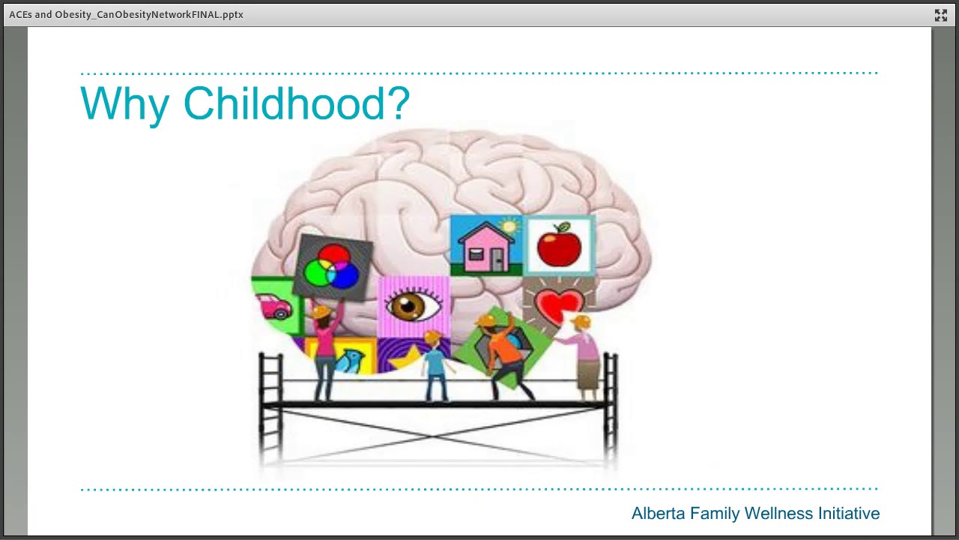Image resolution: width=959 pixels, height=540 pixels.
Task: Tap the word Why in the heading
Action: pyautogui.click(x=124, y=105)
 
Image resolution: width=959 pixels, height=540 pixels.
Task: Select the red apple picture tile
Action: pyautogui.click(x=559, y=244)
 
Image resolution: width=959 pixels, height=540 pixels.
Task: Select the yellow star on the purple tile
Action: pyautogui.click(x=405, y=358)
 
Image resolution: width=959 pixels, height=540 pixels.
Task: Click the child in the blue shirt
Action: pyautogui.click(x=435, y=367)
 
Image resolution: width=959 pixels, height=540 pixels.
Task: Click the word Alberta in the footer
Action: pyautogui.click(x=658, y=514)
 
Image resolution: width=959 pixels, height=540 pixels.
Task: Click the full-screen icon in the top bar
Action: pyautogui.click(x=941, y=15)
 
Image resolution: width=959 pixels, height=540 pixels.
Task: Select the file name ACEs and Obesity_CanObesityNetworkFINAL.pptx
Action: pyautogui.click(x=126, y=14)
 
